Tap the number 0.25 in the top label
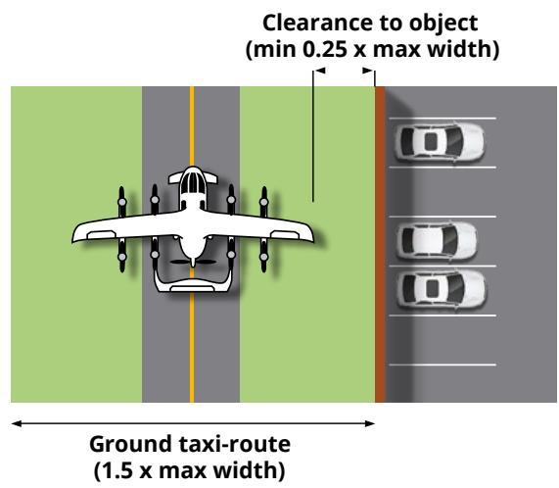(x=324, y=49)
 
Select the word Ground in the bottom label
(x=131, y=445)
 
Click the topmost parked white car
(x=439, y=142)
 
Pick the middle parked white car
(x=437, y=240)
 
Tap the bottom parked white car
(x=441, y=289)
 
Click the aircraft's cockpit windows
(x=193, y=183)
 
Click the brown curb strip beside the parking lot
(x=381, y=244)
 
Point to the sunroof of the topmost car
(x=431, y=142)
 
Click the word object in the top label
(x=443, y=24)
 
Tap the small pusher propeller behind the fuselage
(x=193, y=262)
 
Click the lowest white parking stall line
(x=443, y=365)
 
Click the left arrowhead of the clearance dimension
(x=319, y=71)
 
